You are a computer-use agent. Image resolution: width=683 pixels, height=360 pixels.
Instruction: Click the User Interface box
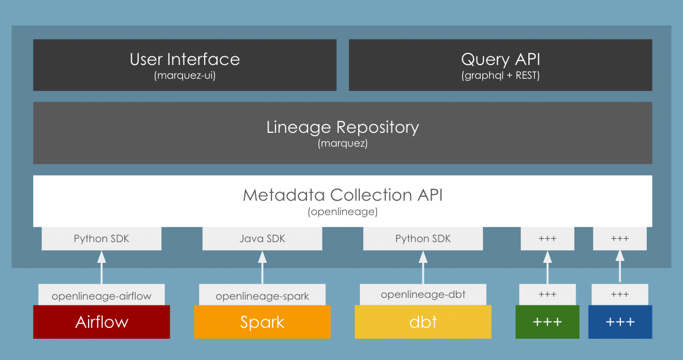pyautogui.click(x=185, y=64)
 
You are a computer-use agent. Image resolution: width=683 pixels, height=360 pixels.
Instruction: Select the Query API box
pyautogui.click(x=500, y=64)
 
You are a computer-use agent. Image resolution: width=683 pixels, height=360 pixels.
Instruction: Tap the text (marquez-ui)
pyautogui.click(x=185, y=75)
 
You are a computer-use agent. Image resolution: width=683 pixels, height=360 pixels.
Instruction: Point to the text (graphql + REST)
pyautogui.click(x=500, y=75)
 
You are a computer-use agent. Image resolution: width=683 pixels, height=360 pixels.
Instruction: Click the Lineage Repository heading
pyautogui.click(x=343, y=127)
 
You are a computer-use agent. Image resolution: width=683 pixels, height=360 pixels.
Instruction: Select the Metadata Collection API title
pyautogui.click(x=343, y=195)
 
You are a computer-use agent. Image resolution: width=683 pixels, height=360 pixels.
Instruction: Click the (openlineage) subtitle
pyautogui.click(x=343, y=212)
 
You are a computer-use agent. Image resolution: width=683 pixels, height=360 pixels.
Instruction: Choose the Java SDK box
pyautogui.click(x=262, y=239)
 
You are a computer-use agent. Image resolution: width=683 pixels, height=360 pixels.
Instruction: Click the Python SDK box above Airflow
pyautogui.click(x=101, y=239)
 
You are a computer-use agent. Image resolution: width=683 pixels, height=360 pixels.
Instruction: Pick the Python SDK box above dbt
pyautogui.click(x=423, y=239)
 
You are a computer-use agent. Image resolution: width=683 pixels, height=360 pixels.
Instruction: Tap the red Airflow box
pyautogui.click(x=101, y=322)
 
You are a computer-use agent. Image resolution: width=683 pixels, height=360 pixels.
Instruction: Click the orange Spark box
pyautogui.click(x=262, y=322)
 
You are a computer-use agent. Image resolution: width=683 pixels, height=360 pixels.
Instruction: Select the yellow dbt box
pyautogui.click(x=423, y=322)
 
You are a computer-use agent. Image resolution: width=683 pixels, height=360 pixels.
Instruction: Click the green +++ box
pyautogui.click(x=547, y=322)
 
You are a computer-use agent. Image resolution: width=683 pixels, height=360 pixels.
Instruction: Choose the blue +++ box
pyautogui.click(x=620, y=322)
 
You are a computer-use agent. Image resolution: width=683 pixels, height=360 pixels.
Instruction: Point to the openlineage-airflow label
pyautogui.click(x=101, y=296)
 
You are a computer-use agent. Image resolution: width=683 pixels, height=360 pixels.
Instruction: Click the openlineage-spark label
pyautogui.click(x=262, y=296)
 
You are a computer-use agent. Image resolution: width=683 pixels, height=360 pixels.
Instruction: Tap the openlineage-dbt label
pyautogui.click(x=423, y=294)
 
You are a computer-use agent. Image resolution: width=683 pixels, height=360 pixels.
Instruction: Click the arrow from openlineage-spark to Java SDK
pyautogui.click(x=263, y=267)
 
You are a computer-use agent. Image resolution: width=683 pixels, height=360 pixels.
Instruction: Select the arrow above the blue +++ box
pyautogui.click(x=620, y=267)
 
